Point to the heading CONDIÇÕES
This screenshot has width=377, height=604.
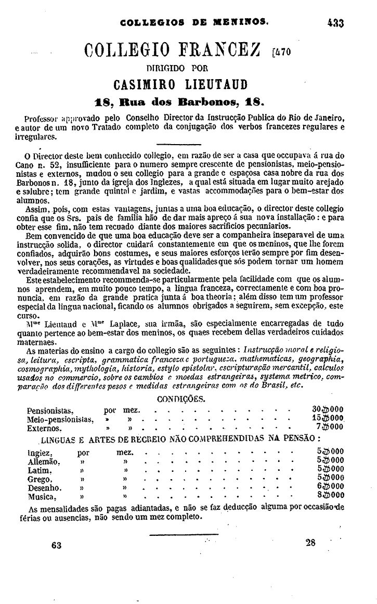181,399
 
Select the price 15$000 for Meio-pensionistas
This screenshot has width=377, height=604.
329,419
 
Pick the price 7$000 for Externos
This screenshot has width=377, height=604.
332,428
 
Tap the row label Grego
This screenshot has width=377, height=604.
40,479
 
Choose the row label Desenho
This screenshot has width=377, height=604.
45,487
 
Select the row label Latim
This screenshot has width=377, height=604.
40,470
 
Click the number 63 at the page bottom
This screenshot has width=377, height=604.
57,545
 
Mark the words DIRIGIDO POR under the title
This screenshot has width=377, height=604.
177,67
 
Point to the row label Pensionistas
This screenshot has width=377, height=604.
50,410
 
